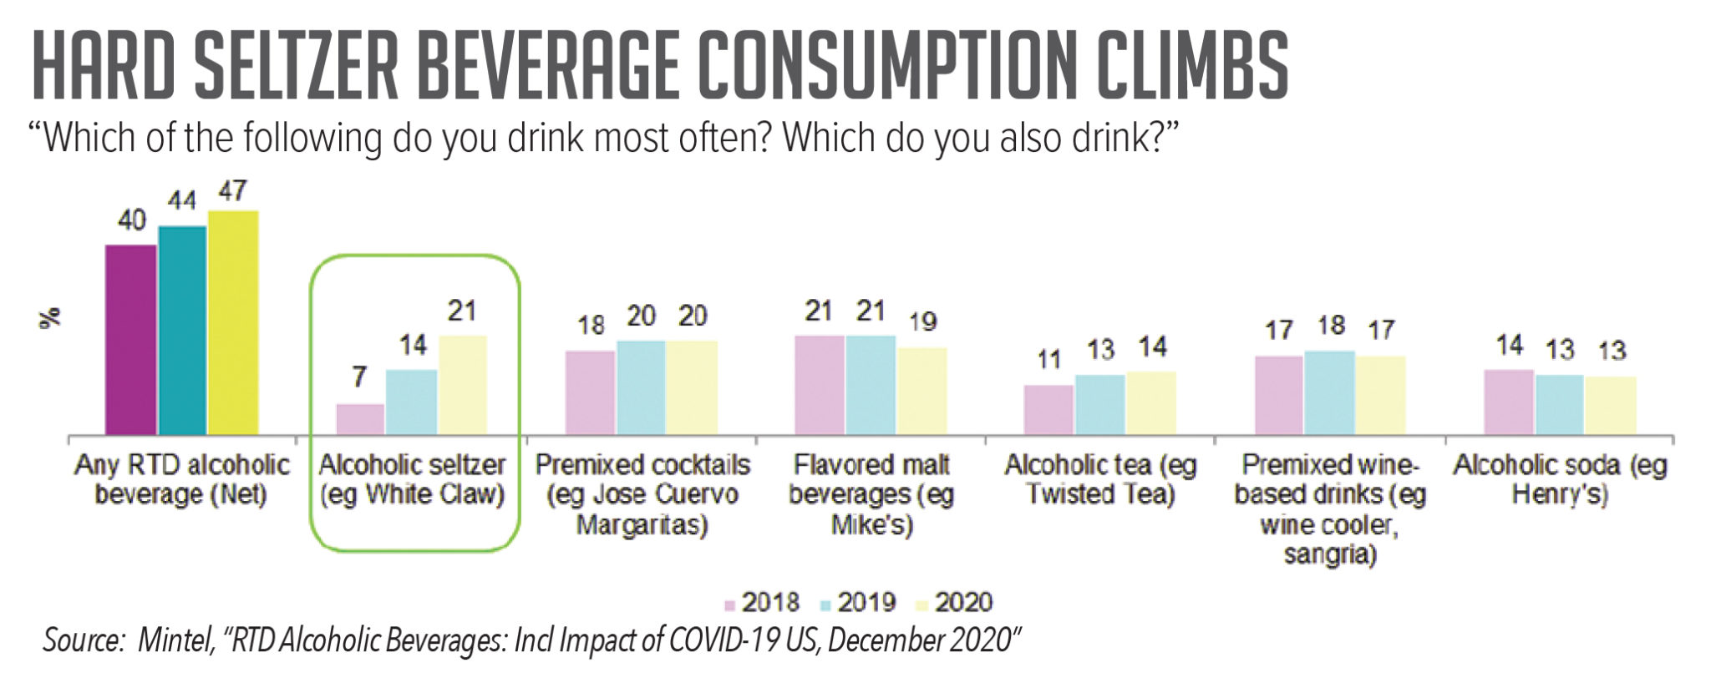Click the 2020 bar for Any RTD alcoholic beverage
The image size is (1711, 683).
[x=233, y=322]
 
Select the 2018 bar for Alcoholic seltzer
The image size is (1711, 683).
[x=360, y=419]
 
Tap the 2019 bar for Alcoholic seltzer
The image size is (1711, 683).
[x=411, y=402]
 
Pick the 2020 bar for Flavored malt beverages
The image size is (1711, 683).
[x=922, y=390]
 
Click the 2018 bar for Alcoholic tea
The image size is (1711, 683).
[x=1048, y=409]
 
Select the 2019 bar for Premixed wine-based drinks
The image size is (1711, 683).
[x=1329, y=392]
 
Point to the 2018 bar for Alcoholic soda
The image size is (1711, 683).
[x=1508, y=402]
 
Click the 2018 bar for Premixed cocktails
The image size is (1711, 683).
[x=590, y=392]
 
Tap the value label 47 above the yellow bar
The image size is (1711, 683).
[x=232, y=191]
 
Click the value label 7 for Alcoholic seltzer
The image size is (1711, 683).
[x=359, y=377]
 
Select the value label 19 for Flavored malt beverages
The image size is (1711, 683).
[x=922, y=321]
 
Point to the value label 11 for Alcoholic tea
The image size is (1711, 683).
[x=1048, y=359]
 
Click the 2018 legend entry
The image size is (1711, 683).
[x=761, y=602]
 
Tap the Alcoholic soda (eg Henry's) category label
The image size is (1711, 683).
[x=1560, y=479]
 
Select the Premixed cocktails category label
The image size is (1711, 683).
[x=642, y=494]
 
